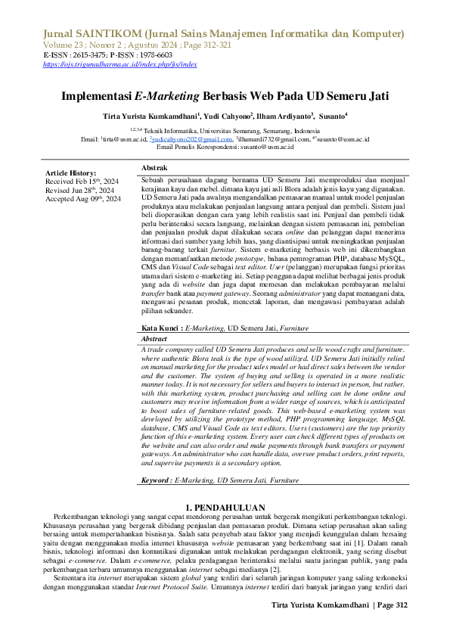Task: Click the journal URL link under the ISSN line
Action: [120, 65]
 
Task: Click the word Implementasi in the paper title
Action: [96, 97]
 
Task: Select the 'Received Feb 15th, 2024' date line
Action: [82, 182]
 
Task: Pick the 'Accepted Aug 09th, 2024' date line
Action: [84, 198]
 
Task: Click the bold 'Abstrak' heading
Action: [154, 166]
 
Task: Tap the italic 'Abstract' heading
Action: [154, 340]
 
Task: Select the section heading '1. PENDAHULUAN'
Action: [225, 506]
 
